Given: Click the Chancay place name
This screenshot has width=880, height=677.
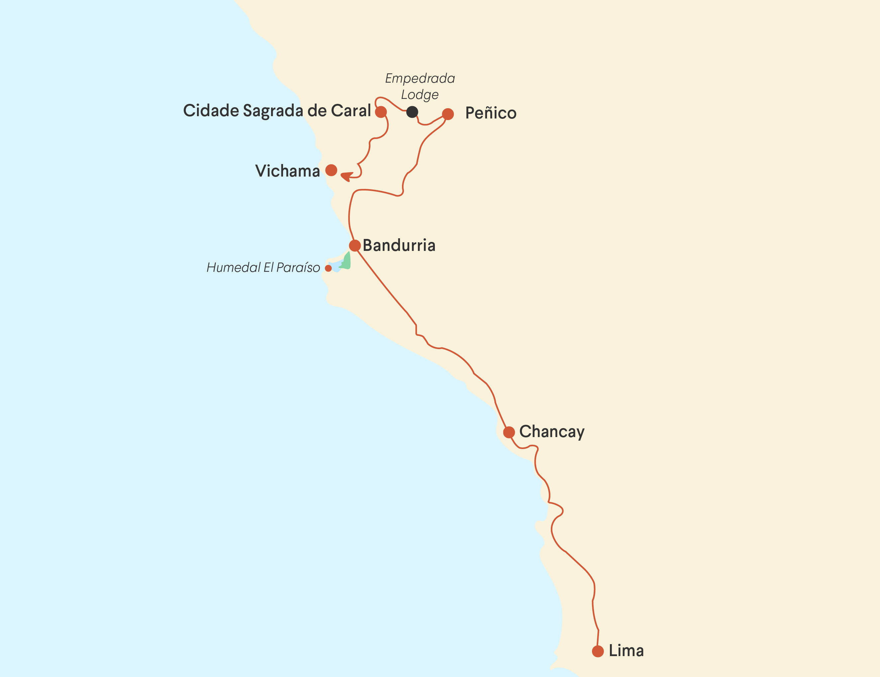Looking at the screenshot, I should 551,432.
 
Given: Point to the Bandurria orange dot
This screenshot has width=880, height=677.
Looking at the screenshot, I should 354,246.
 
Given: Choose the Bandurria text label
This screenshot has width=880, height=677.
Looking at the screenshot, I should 399,246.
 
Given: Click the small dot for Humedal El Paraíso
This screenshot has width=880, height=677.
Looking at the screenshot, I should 329,268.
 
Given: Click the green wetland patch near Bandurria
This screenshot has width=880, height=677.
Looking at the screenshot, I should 346,261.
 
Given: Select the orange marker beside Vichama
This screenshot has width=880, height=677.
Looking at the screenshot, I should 331,170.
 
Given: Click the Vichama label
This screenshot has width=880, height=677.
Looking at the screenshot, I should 287,171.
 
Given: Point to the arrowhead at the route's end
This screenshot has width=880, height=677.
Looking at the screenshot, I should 346,176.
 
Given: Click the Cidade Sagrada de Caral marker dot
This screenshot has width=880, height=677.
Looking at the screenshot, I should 381,112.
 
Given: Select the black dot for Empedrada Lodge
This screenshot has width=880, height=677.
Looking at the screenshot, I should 412,112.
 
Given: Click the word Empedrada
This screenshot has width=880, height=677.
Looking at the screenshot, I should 420,78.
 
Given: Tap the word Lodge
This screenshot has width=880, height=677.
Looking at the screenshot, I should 420,95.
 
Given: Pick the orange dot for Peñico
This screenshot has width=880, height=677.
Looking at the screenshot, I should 448,114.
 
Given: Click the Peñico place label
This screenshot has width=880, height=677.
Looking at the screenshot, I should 490,113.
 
